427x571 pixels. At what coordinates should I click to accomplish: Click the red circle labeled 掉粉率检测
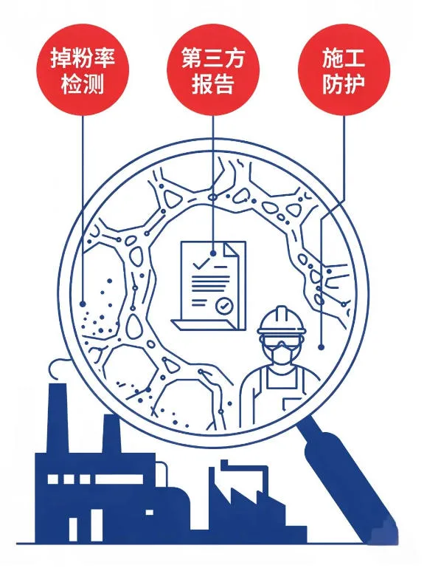[82, 70]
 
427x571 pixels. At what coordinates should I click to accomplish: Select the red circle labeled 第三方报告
[213, 70]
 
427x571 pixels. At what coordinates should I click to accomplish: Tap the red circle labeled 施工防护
[344, 70]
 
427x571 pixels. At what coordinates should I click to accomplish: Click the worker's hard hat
[282, 321]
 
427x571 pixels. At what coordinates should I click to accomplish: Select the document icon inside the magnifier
[210, 286]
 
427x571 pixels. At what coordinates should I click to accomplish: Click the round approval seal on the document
[223, 305]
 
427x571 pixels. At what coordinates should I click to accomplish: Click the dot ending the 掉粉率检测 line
[83, 304]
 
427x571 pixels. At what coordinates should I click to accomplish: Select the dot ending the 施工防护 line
[321, 347]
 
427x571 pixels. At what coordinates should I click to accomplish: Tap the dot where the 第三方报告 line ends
[213, 253]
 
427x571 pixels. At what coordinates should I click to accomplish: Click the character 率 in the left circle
[104, 58]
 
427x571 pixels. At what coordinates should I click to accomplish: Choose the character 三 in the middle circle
[213, 58]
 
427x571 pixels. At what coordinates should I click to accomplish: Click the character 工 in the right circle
[355, 58]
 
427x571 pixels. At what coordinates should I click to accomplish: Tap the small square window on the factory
[149, 513]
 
